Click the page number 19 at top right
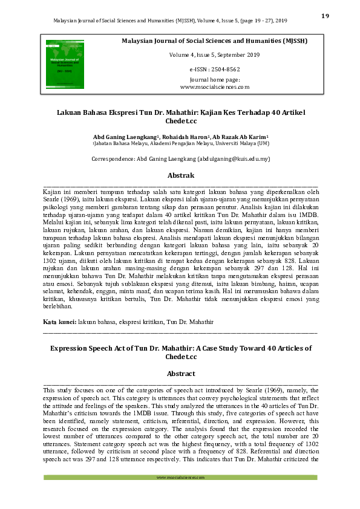(x=325, y=16)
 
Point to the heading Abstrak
(x=180, y=175)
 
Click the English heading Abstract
(x=180, y=374)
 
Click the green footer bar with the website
(x=180, y=478)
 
